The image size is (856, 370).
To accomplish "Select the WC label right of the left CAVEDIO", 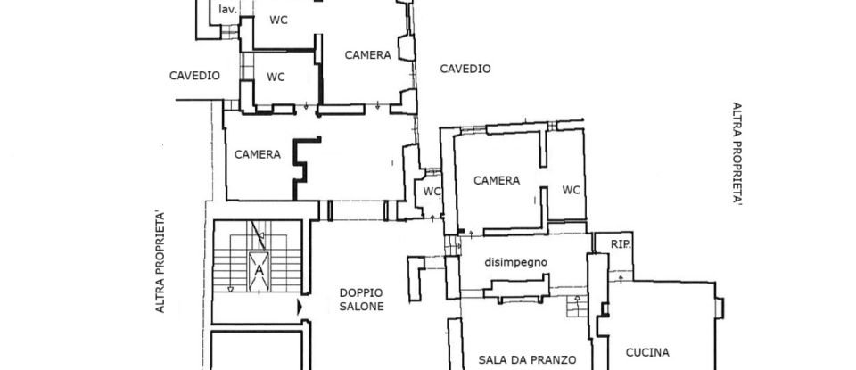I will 276,77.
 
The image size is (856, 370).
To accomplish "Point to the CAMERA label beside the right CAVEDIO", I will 368,55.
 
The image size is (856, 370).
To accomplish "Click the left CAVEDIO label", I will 194,76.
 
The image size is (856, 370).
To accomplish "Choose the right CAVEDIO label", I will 465,69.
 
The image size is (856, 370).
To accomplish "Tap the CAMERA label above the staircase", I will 258,154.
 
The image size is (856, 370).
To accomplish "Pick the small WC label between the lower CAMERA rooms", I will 432,191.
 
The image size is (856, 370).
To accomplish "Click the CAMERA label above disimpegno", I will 497,181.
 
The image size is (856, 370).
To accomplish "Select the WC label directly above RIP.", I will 572,190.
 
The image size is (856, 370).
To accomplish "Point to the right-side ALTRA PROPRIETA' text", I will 737,154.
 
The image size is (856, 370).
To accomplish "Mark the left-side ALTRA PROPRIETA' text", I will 161,261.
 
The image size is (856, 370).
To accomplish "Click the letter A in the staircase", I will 259,268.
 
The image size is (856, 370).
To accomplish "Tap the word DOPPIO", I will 361,292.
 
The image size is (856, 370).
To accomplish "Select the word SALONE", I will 361,307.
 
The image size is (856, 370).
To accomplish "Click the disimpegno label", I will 515,262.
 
